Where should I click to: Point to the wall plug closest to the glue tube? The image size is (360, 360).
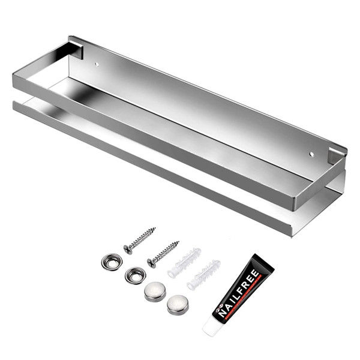[x=203, y=274]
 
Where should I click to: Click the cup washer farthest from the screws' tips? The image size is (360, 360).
[x=112, y=261]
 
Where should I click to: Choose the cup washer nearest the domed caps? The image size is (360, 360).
[x=135, y=275]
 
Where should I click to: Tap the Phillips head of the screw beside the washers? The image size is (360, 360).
[x=128, y=248]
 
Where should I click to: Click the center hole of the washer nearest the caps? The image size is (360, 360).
[x=135, y=275]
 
